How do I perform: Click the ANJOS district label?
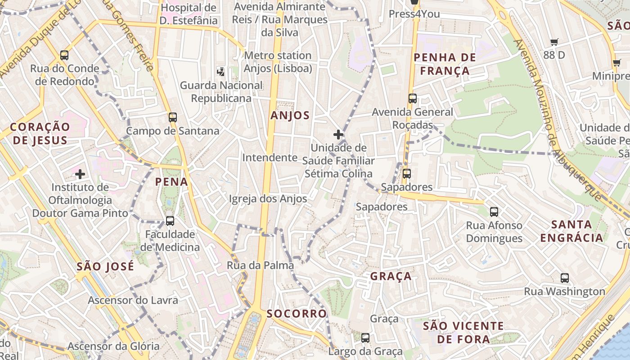[x=290, y=116]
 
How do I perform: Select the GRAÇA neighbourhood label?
[x=391, y=276]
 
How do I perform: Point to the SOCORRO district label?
[x=297, y=314]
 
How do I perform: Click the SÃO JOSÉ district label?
[x=105, y=266]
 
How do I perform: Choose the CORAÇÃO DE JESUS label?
[x=40, y=134]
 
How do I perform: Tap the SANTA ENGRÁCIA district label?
[x=571, y=231]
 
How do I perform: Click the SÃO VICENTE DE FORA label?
[x=463, y=332]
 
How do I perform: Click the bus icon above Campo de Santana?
[x=173, y=117]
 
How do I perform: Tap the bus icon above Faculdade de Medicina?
[x=170, y=221]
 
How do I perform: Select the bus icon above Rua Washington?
[x=565, y=278]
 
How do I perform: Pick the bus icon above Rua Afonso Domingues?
[x=494, y=211]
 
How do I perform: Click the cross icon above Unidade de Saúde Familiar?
[x=338, y=134]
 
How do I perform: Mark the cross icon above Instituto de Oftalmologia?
[x=80, y=174]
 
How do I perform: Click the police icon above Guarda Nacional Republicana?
[x=221, y=71]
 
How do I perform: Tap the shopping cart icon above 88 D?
[x=554, y=42]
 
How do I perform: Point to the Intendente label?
[x=270, y=158]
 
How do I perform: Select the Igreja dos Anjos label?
[x=268, y=199]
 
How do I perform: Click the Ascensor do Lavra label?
[x=133, y=300]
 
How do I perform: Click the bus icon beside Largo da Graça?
[x=365, y=337]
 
